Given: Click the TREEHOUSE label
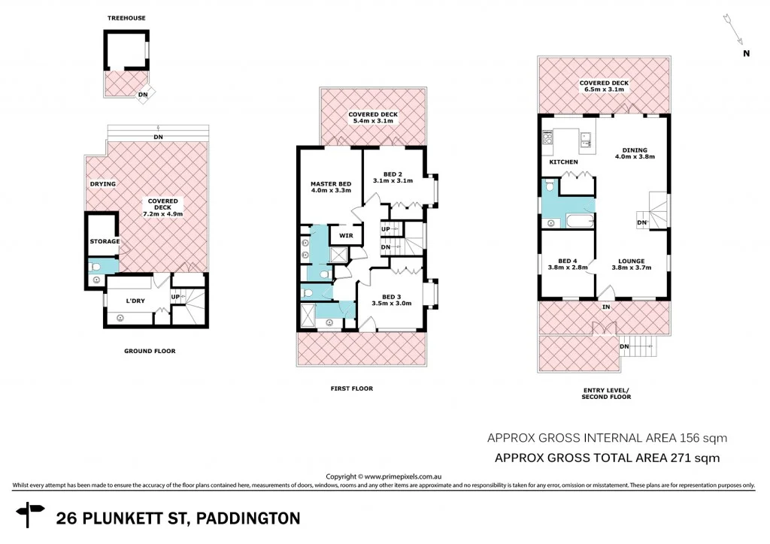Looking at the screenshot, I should click(x=126, y=17).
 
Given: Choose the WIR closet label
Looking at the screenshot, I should click(x=346, y=235).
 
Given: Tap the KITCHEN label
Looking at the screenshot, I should click(x=563, y=162).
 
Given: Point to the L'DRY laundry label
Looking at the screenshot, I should click(x=135, y=301).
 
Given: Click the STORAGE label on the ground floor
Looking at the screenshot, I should click(x=105, y=241).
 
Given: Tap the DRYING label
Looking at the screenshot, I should click(x=102, y=183).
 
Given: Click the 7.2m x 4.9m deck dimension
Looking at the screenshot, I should click(x=163, y=214).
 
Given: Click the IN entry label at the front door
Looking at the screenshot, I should click(x=605, y=307).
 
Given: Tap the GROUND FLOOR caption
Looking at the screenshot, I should click(x=150, y=351).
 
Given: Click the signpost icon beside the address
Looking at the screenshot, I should click(x=32, y=517).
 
